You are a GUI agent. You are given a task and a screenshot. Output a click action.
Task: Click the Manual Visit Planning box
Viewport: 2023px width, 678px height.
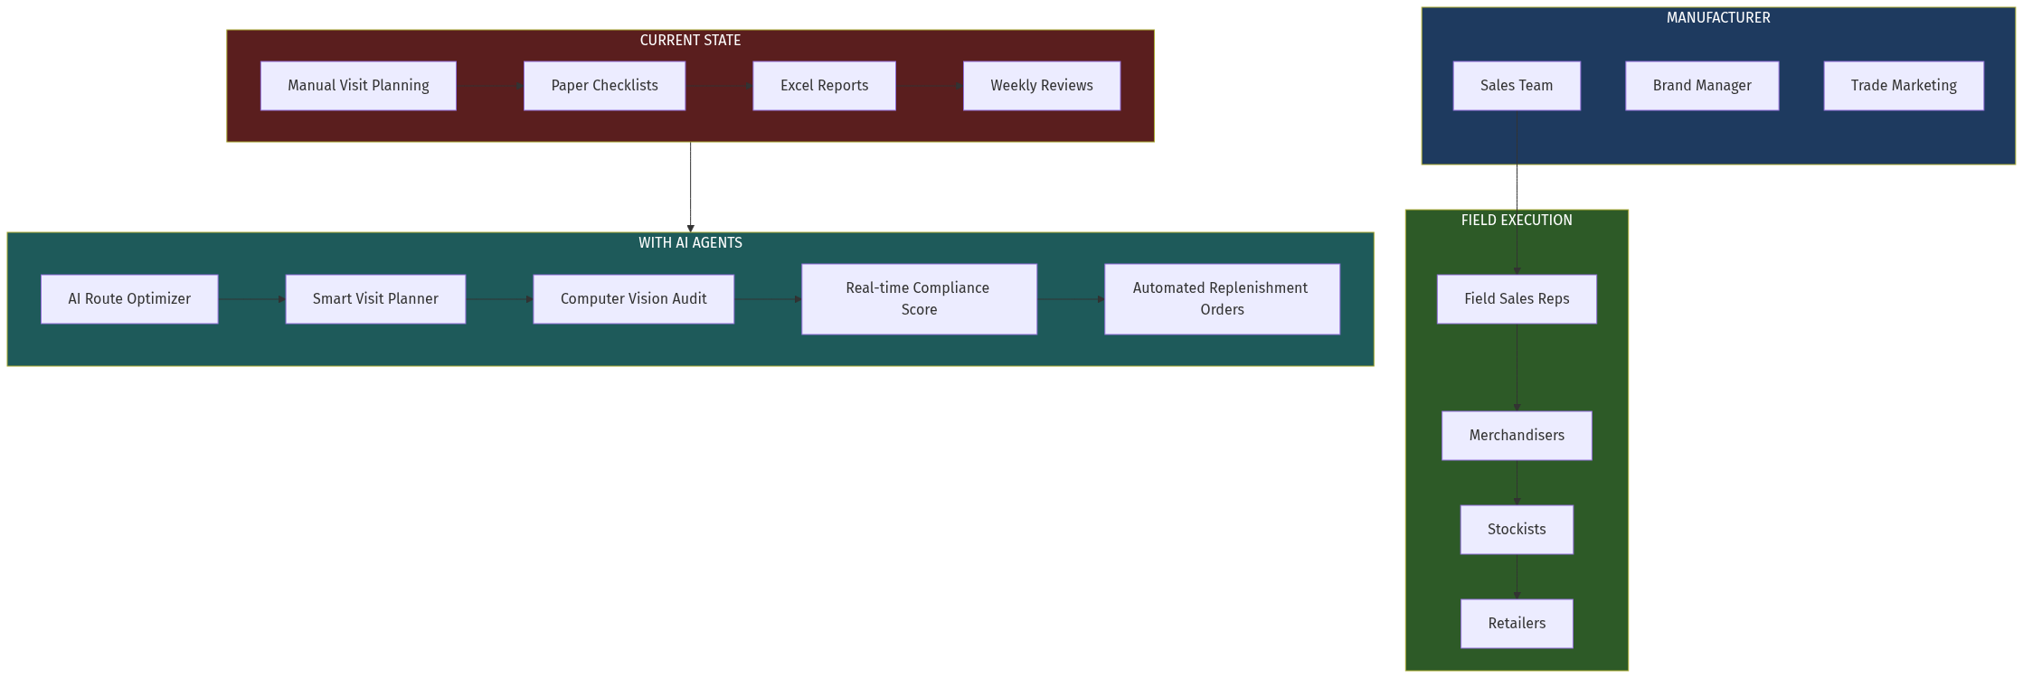[x=358, y=86]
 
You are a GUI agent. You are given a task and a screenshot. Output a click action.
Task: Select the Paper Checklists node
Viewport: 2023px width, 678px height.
[x=604, y=86]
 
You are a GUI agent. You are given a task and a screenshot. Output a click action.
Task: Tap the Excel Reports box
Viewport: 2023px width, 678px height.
[x=824, y=86]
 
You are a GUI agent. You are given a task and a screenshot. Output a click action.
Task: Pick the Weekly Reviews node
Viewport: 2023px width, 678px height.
[x=1041, y=86]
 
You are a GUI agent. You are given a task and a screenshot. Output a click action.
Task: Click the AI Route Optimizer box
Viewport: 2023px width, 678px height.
[x=129, y=299]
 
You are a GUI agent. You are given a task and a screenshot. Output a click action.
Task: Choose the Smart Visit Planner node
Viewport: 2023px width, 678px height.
[x=375, y=299]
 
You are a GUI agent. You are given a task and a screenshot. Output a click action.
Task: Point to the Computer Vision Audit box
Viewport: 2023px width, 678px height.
[x=633, y=299]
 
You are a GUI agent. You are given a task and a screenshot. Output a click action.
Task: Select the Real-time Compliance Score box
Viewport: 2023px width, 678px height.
[x=919, y=299]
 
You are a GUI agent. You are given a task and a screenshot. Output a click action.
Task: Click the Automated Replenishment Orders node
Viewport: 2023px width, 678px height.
[x=1222, y=299]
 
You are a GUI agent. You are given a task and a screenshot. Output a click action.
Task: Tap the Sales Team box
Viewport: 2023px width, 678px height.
[x=1517, y=86]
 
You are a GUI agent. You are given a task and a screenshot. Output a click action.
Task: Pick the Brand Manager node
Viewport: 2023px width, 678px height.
[x=1702, y=86]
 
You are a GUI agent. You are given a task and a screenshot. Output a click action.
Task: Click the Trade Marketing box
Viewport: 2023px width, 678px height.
[x=1904, y=86]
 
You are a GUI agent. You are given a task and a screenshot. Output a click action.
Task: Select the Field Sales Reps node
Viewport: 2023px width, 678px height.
[x=1517, y=299]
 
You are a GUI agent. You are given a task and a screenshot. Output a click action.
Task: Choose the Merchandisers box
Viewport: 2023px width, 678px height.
[x=1517, y=436]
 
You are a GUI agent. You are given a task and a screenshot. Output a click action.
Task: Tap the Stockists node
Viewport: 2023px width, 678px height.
[x=1517, y=530]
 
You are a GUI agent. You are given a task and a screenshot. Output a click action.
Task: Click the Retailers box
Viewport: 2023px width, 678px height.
[x=1517, y=624]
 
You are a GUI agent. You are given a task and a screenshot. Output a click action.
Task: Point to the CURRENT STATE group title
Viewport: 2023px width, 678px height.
[x=690, y=41]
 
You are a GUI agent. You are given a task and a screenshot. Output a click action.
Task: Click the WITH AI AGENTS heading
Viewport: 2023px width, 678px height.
[x=690, y=243]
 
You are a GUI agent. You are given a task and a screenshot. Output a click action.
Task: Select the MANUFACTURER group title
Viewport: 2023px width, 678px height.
[x=1718, y=18]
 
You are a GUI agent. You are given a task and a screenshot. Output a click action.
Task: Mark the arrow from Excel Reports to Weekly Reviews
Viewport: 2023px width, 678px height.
[x=930, y=86]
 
